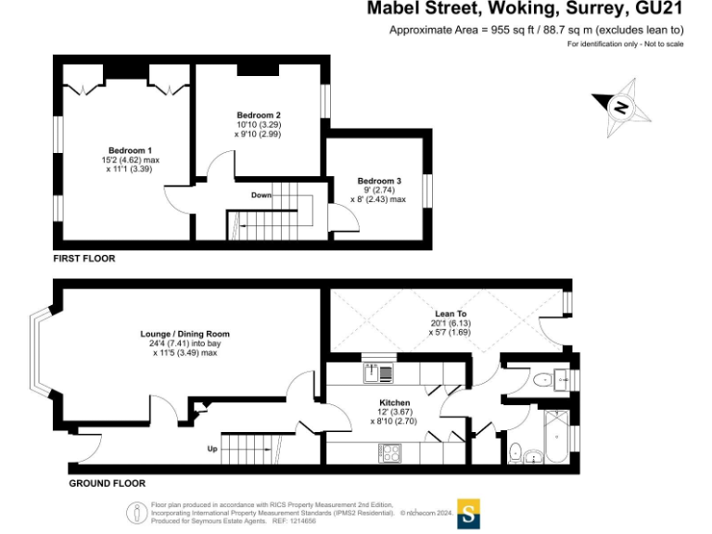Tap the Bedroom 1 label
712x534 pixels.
pos(130,150)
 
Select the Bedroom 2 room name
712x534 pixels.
pos(259,114)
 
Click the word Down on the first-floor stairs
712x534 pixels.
pos(261,196)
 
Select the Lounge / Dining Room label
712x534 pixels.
pos(184,334)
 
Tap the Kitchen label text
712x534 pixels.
pos(395,402)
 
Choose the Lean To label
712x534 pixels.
pos(450,313)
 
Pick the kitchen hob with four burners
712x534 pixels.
pos(390,453)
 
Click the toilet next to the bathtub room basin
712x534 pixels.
pos(515,452)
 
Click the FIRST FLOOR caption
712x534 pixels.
pos(84,259)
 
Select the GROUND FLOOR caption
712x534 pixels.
pos(108,483)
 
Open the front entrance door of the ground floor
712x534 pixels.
pos(89,449)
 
